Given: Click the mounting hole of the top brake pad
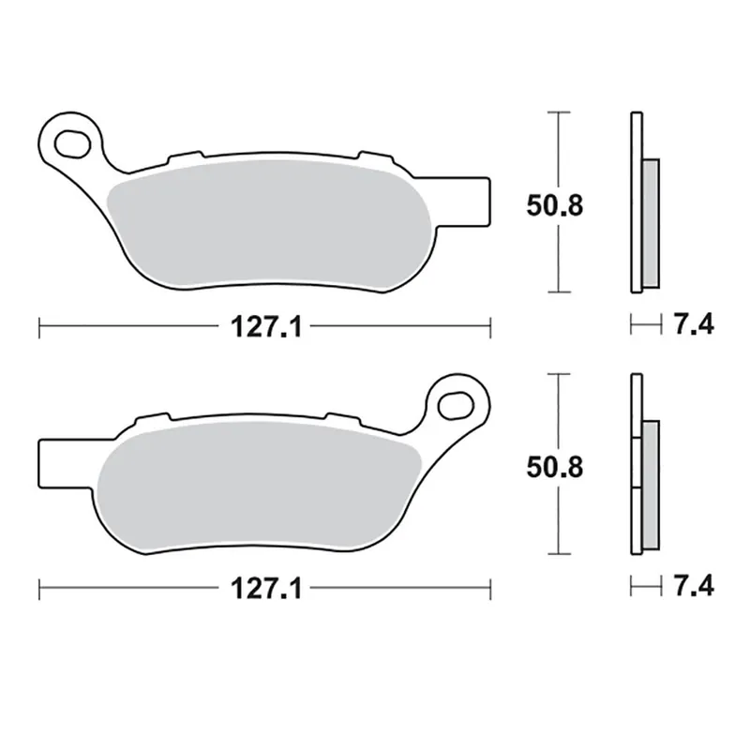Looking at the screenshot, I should click(71, 142).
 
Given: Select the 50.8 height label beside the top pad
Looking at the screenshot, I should click(554, 205).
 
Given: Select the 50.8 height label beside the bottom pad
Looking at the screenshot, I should click(554, 466).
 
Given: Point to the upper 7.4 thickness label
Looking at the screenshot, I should click(692, 325).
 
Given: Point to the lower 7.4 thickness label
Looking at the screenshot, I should click(692, 587).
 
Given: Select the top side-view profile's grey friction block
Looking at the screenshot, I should click(651, 223).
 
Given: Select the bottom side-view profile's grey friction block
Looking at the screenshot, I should click(651, 484).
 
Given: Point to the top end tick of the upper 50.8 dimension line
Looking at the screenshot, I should click(559, 112).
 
